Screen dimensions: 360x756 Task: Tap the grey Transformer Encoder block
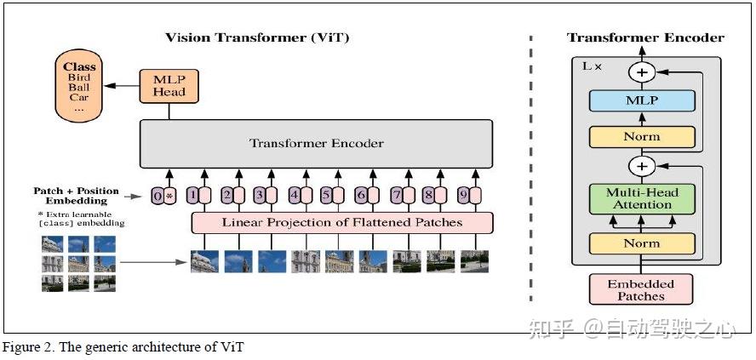(x=316, y=143)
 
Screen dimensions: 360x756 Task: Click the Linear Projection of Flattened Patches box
(x=341, y=222)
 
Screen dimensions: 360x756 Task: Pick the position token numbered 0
(x=157, y=196)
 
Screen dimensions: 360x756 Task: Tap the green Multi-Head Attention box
(x=643, y=197)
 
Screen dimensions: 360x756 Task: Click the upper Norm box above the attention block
(x=643, y=136)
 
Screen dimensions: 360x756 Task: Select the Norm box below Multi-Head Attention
(x=643, y=243)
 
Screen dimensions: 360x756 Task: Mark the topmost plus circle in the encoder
(x=643, y=72)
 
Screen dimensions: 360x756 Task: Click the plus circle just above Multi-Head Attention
(x=643, y=165)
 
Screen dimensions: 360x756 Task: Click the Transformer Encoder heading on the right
(x=645, y=37)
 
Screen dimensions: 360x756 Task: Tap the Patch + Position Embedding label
(x=77, y=196)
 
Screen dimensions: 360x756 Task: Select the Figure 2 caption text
(x=123, y=347)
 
